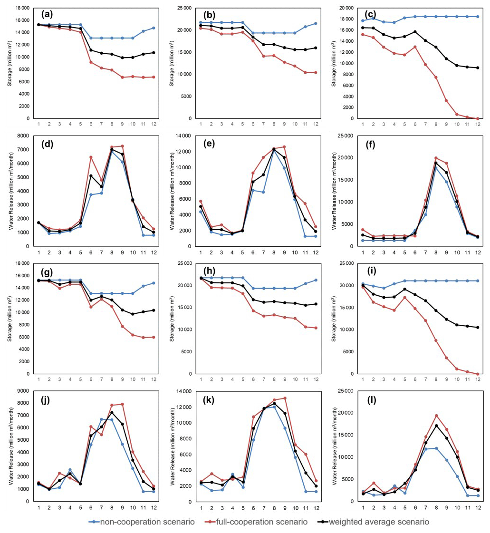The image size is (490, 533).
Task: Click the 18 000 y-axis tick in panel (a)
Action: tap(21, 8)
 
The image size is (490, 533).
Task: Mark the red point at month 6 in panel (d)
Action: tap(90, 157)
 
